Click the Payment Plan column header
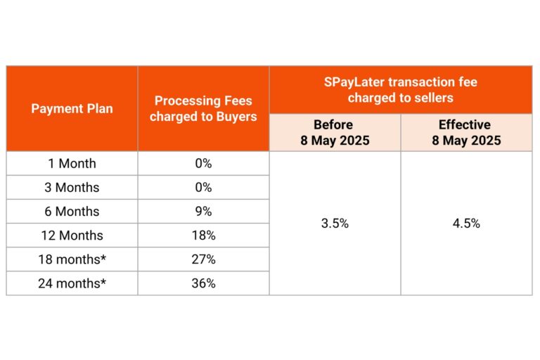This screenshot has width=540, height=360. point(72,109)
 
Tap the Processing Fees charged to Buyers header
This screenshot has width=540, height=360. point(203,109)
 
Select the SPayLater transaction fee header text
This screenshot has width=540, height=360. point(401,90)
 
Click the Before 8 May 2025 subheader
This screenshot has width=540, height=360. point(334,133)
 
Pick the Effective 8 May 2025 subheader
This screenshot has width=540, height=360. point(465,133)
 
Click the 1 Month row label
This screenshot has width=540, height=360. point(72,164)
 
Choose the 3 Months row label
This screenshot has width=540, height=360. point(72,188)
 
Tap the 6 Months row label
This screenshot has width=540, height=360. point(72,212)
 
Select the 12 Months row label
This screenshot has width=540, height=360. point(72,236)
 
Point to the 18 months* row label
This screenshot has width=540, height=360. point(72,259)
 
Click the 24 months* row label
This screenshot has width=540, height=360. point(72,283)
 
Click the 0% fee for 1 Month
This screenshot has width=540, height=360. point(203,164)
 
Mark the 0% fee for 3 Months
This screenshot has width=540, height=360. point(203,188)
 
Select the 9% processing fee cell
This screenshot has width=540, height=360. point(203,212)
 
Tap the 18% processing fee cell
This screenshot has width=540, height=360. point(203,236)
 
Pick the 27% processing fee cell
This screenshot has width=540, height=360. point(203,259)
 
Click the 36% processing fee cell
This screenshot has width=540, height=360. point(203,283)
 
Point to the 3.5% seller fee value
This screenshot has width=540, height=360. point(334,224)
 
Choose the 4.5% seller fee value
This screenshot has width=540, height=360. point(465,224)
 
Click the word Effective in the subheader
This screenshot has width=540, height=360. point(465,125)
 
